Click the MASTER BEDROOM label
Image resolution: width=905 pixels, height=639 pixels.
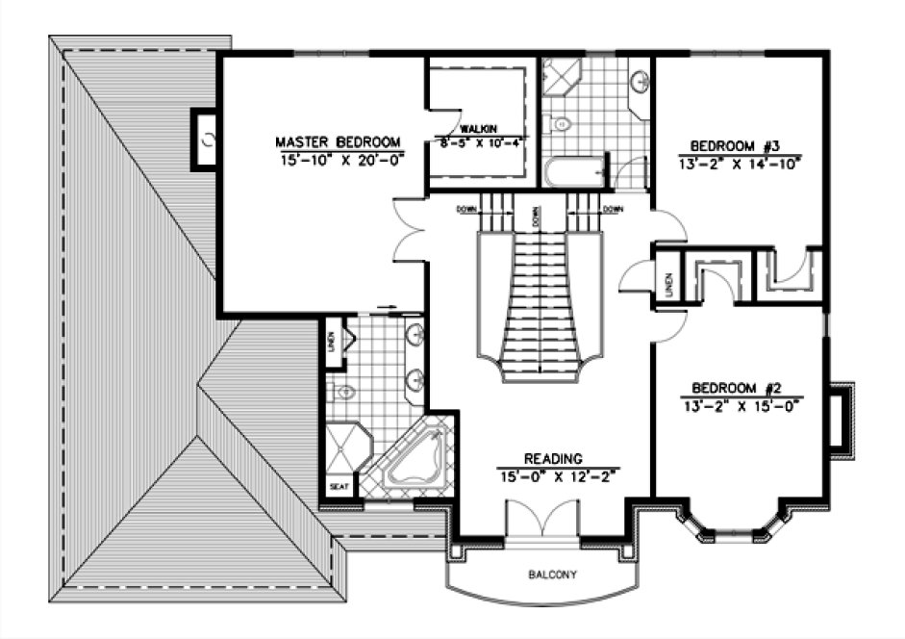point(337,142)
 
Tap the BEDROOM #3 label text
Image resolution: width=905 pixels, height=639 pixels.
point(734,146)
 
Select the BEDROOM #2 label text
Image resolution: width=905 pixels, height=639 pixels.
point(734,389)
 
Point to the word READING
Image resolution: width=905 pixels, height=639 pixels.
point(553,459)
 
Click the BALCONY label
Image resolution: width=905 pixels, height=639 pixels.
point(552,575)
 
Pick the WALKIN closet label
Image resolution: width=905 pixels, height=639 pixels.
point(478,129)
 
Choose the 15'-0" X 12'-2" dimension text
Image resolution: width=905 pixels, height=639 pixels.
point(557,474)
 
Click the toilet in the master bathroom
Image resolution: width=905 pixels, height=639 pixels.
point(342,392)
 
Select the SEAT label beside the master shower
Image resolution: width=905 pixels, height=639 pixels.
point(339,487)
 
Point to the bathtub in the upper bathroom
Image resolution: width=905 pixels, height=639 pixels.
point(573,174)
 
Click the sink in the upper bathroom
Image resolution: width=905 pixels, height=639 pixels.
point(640,83)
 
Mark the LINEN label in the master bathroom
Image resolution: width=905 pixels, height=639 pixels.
point(332,343)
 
